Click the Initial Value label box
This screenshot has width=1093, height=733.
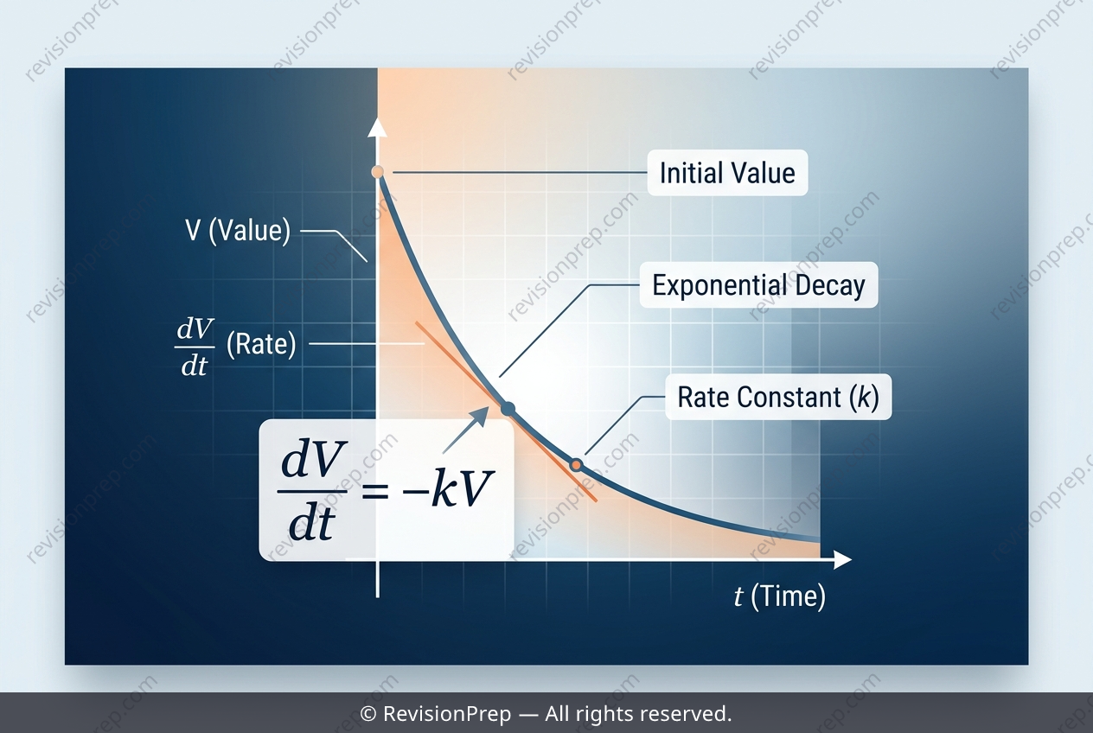727,173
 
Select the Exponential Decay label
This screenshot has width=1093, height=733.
758,284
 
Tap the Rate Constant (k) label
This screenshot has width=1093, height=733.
778,397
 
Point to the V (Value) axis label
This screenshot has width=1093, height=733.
238,230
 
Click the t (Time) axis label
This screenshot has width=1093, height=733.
780,596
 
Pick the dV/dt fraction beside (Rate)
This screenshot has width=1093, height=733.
195,347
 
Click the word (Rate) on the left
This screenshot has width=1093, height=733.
261,344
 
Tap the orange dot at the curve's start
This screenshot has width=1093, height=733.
377,172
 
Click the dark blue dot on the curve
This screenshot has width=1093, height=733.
508,409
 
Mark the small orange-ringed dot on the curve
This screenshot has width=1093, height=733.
576,465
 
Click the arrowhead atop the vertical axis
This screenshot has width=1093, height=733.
377,127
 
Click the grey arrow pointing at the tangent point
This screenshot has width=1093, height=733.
465,430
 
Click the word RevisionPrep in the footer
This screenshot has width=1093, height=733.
447,714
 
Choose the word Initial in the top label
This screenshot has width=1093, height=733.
688,173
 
